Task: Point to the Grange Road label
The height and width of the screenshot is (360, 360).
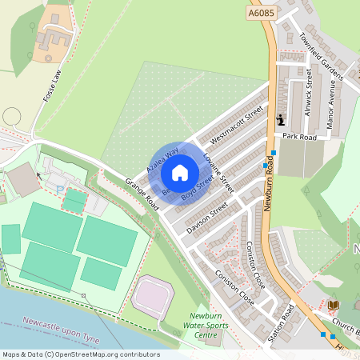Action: point(142,194)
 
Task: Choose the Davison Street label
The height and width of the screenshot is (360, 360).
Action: point(207,214)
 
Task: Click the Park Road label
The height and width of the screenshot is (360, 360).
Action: point(300,137)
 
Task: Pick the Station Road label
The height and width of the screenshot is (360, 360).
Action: point(282,322)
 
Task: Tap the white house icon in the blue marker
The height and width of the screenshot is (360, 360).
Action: point(180,172)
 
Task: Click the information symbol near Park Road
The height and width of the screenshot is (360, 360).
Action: point(281,120)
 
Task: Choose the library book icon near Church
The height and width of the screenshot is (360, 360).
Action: point(333,305)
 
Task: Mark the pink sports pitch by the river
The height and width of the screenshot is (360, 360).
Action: point(152,294)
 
